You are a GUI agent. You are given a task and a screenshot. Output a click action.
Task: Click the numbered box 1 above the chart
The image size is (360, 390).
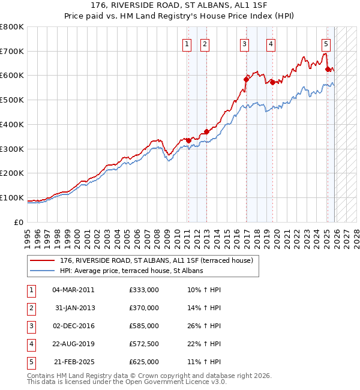pyautogui.click(x=187, y=43)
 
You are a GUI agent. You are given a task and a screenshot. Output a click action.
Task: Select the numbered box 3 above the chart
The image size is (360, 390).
pyautogui.click(x=245, y=43)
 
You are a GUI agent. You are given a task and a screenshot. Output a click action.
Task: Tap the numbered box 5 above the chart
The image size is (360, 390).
pyautogui.click(x=326, y=43)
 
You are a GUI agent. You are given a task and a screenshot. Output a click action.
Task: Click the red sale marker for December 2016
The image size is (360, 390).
pyautogui.click(x=246, y=79)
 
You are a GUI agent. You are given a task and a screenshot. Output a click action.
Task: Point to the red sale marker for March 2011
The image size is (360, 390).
pyautogui.click(x=188, y=140)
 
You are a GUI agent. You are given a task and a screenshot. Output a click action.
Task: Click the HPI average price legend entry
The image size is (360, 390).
pyautogui.click(x=131, y=271)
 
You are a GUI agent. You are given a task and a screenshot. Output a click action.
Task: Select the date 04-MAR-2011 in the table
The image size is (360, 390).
pyautogui.click(x=73, y=290)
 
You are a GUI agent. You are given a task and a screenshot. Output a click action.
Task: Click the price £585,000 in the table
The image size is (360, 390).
pyautogui.click(x=143, y=326)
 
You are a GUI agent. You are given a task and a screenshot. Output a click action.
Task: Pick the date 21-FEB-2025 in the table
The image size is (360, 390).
pyautogui.click(x=74, y=362)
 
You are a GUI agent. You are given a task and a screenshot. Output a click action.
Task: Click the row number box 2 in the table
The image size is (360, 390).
pyautogui.click(x=30, y=308)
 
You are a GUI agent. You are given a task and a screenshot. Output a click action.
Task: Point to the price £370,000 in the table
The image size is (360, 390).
pyautogui.click(x=143, y=308)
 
